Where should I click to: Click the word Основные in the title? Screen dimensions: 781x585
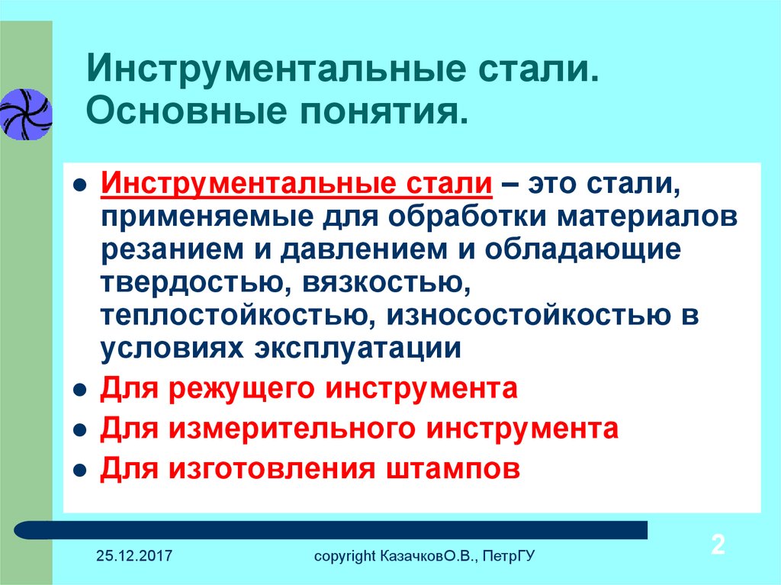click(186, 111)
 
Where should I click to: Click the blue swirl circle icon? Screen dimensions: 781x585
click(25, 114)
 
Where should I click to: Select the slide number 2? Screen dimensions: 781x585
click(718, 544)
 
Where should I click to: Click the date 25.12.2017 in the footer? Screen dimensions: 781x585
click(134, 555)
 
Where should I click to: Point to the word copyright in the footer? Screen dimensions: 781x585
click(345, 557)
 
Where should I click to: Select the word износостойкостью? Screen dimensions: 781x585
click(529, 315)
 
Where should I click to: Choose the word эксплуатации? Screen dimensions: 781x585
click(358, 349)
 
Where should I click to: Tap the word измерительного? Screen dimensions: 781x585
click(292, 429)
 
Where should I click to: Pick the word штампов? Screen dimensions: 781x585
click(453, 469)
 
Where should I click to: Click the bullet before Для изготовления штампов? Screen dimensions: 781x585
click(79, 471)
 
